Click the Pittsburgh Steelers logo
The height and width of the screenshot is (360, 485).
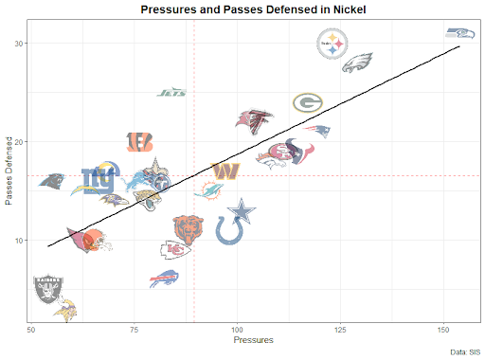pos(332,44)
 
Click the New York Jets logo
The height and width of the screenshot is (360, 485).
pos(171,93)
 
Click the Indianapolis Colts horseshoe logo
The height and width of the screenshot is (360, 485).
pos(229,229)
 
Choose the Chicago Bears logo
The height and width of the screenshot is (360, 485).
pos(189,227)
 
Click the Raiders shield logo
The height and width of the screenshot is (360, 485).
pos(46,288)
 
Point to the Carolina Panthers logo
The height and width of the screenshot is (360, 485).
pos(53,181)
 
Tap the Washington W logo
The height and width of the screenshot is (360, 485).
pos(225,171)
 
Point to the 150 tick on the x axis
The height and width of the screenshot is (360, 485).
pos(442,328)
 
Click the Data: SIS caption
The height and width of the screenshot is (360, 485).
pos(461,351)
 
